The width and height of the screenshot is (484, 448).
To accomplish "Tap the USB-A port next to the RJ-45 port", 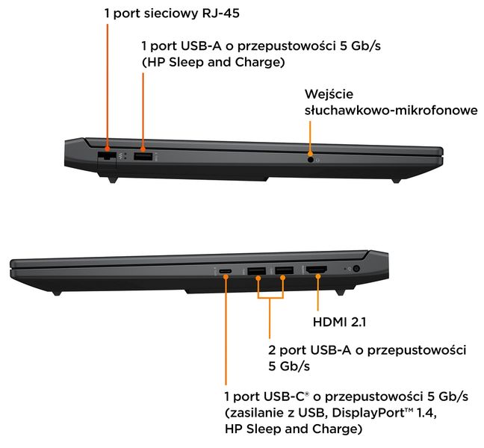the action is click(143, 157).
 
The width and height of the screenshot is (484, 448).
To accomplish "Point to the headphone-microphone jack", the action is click(311, 160).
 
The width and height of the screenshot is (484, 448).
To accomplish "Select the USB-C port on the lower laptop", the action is click(226, 271).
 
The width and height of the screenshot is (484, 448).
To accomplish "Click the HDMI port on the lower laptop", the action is click(317, 270).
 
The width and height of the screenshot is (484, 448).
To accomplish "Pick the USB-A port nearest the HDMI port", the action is click(284, 270).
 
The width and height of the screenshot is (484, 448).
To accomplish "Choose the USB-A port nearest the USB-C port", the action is click(257, 271).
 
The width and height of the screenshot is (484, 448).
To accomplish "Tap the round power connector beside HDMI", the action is click(356, 269).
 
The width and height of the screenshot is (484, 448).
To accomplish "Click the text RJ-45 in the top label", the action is click(220, 13).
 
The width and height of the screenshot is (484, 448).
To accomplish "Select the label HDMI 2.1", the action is click(340, 322).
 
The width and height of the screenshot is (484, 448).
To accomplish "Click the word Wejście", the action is click(329, 94).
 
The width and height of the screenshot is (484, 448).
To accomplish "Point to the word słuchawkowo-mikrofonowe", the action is click(391, 111).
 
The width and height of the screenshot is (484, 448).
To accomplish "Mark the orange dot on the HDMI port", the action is click(318, 276).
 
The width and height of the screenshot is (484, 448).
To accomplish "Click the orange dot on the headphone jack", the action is click(310, 153).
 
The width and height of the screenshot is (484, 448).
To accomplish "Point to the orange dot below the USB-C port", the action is click(226, 277).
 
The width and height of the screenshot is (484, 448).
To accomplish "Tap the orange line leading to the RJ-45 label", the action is click(108, 86).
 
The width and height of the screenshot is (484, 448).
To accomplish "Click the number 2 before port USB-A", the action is click(272, 350).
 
